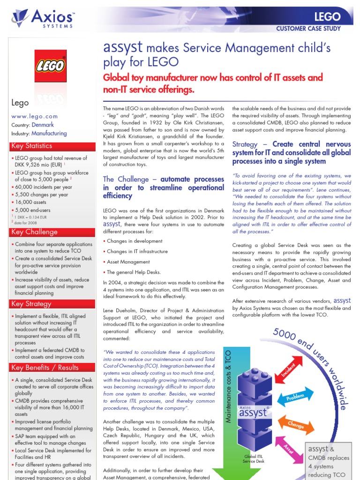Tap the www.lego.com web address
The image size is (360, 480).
35,116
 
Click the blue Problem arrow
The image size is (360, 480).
296,397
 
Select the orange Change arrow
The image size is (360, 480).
295,424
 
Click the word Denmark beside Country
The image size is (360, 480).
43,125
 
